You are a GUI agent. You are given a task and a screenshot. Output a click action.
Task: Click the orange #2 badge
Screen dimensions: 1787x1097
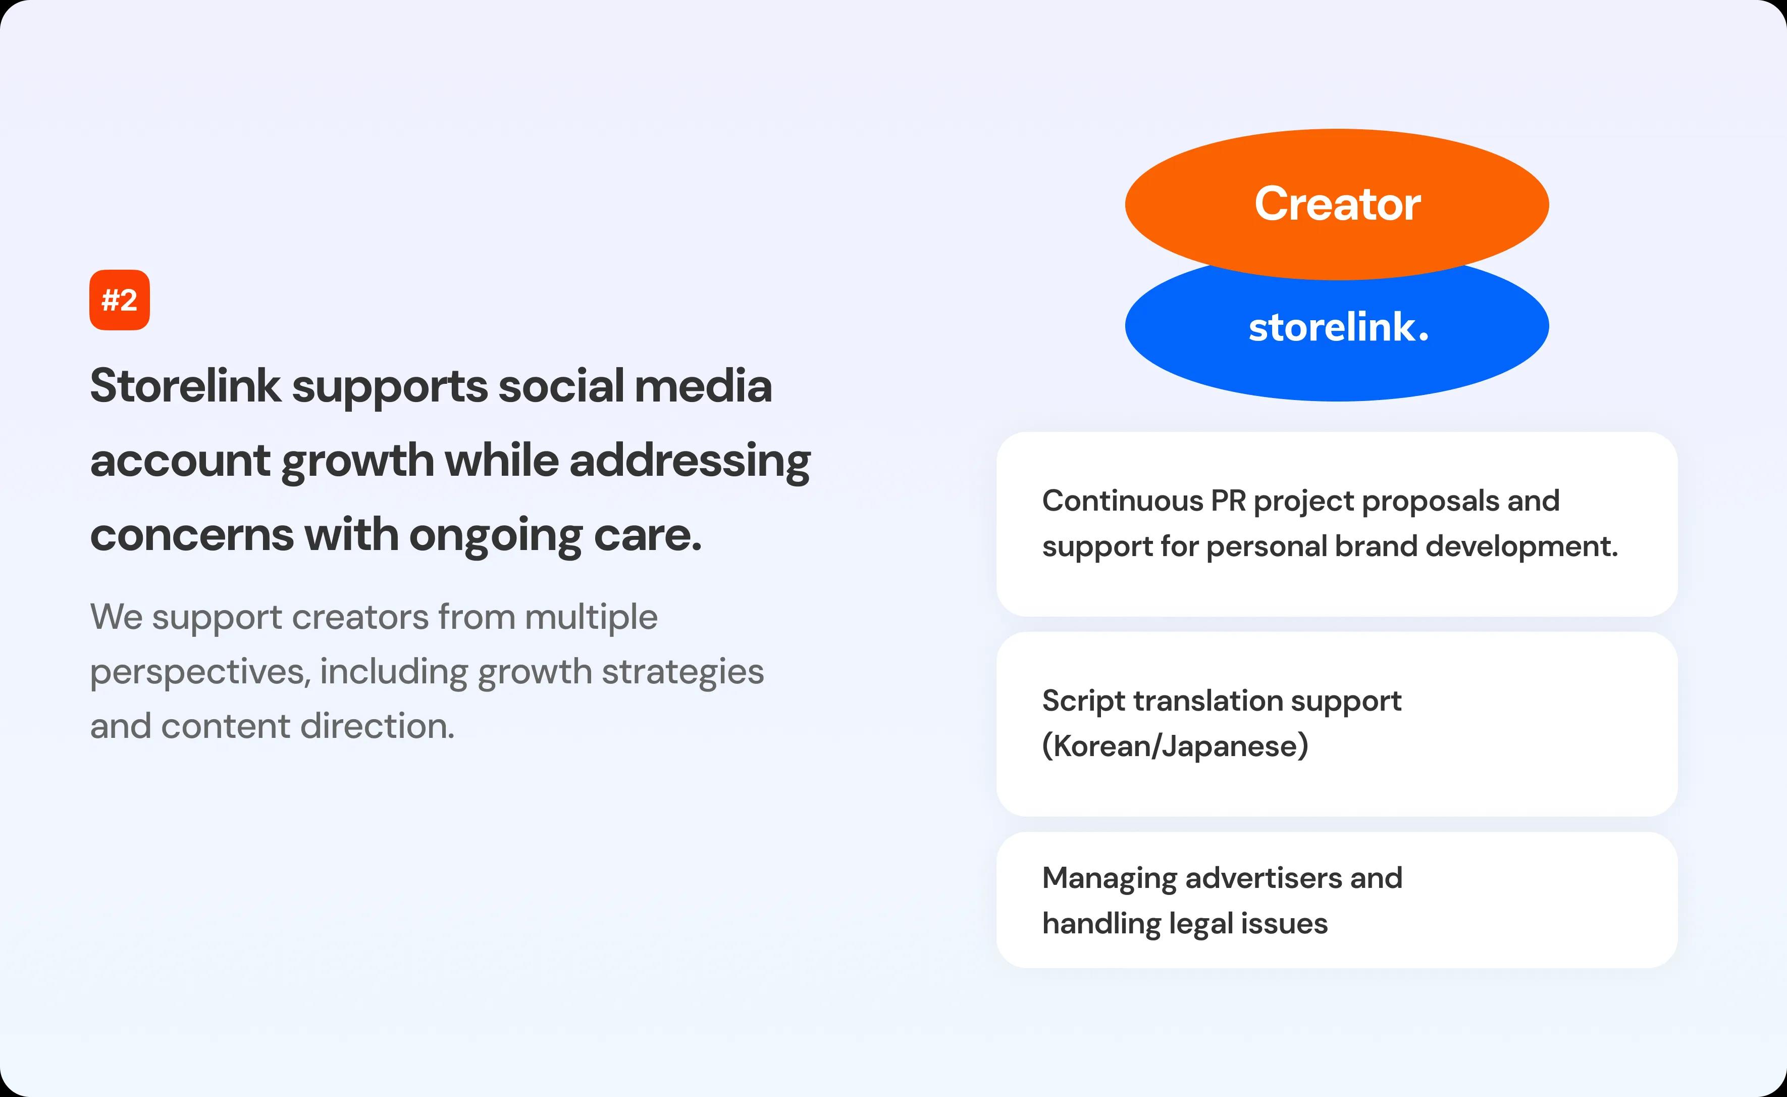120,300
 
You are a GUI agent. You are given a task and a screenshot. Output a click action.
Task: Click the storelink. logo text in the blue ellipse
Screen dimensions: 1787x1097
1338,327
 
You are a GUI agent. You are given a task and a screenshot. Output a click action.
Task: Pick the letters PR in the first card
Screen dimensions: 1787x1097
1229,501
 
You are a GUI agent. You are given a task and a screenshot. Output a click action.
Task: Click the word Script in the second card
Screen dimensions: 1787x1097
1083,702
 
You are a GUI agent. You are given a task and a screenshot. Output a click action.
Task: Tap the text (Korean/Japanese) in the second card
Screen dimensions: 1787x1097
1175,746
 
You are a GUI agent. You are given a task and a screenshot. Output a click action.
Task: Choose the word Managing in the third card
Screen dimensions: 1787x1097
1110,879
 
